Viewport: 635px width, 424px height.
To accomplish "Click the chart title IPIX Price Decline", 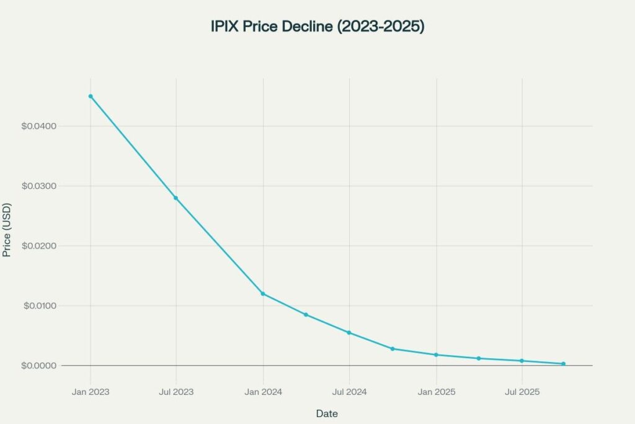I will tap(317, 27).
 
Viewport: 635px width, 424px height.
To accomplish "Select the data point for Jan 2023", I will tap(91, 96).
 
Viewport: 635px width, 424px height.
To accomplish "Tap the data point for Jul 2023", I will tap(176, 198).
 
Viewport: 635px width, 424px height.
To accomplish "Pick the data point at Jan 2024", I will tap(263, 294).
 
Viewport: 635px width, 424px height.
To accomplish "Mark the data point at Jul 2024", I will tap(349, 333).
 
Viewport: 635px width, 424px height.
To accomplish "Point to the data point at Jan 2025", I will tap(436, 354).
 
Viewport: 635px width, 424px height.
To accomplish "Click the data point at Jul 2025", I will tap(522, 361).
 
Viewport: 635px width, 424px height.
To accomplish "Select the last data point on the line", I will tap(563, 364).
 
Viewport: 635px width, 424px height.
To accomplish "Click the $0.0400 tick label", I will tap(39, 127).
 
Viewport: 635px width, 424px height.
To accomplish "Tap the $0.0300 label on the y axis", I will tap(39, 186).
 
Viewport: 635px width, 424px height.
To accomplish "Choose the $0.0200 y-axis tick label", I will tap(39, 246).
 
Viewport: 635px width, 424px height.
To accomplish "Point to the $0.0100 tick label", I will tap(39, 306).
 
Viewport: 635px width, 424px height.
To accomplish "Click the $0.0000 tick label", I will tap(39, 366).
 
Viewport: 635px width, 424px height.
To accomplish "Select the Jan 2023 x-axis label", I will tap(91, 392).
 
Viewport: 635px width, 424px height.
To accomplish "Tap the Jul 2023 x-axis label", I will tap(176, 392).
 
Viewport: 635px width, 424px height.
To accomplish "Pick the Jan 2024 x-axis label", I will tap(263, 392).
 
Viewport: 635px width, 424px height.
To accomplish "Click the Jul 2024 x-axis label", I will tap(349, 392).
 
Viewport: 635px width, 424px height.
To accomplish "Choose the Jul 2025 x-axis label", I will tap(522, 392).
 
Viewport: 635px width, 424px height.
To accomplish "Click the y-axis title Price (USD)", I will tap(7, 230).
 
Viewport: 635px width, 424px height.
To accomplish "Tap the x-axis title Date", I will tap(327, 413).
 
